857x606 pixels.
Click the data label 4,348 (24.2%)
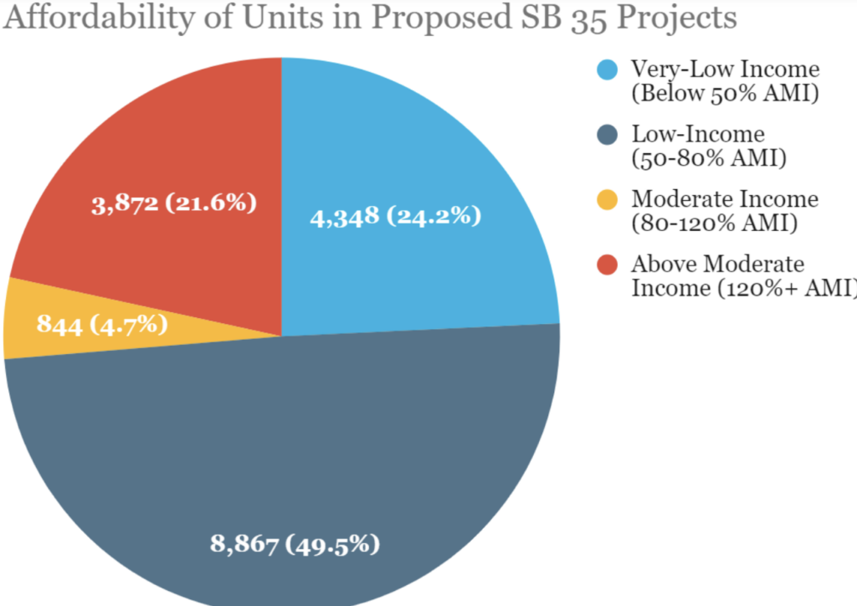396,218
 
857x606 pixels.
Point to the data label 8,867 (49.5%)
295,545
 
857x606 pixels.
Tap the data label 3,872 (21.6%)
173,203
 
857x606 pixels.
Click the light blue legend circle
608,69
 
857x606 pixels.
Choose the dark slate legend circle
608,134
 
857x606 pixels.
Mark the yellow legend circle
608,199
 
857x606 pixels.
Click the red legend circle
608,264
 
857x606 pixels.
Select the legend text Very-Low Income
725,69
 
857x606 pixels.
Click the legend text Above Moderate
717,264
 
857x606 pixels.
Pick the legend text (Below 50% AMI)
724,92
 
